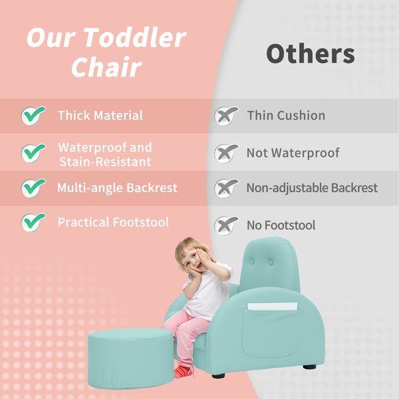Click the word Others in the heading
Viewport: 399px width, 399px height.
[310, 54]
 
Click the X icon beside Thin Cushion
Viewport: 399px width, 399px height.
[226, 116]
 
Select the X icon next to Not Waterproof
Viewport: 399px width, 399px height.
[226, 153]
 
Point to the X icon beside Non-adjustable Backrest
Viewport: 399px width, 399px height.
[226, 188]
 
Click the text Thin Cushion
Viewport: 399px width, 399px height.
[286, 116]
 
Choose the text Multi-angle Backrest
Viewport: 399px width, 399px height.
[117, 188]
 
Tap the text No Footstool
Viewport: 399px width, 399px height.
[281, 225]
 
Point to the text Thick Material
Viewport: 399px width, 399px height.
[100, 116]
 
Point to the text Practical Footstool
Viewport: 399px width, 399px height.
[113, 222]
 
